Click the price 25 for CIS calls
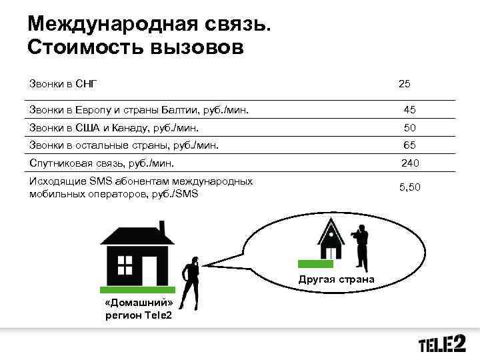point(404,84)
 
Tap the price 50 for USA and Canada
point(409,127)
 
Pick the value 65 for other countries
point(409,145)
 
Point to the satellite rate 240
point(409,162)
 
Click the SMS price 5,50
point(410,188)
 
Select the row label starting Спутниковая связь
point(101,162)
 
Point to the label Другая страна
point(336,278)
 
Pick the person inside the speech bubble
point(360,247)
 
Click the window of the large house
point(125,265)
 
